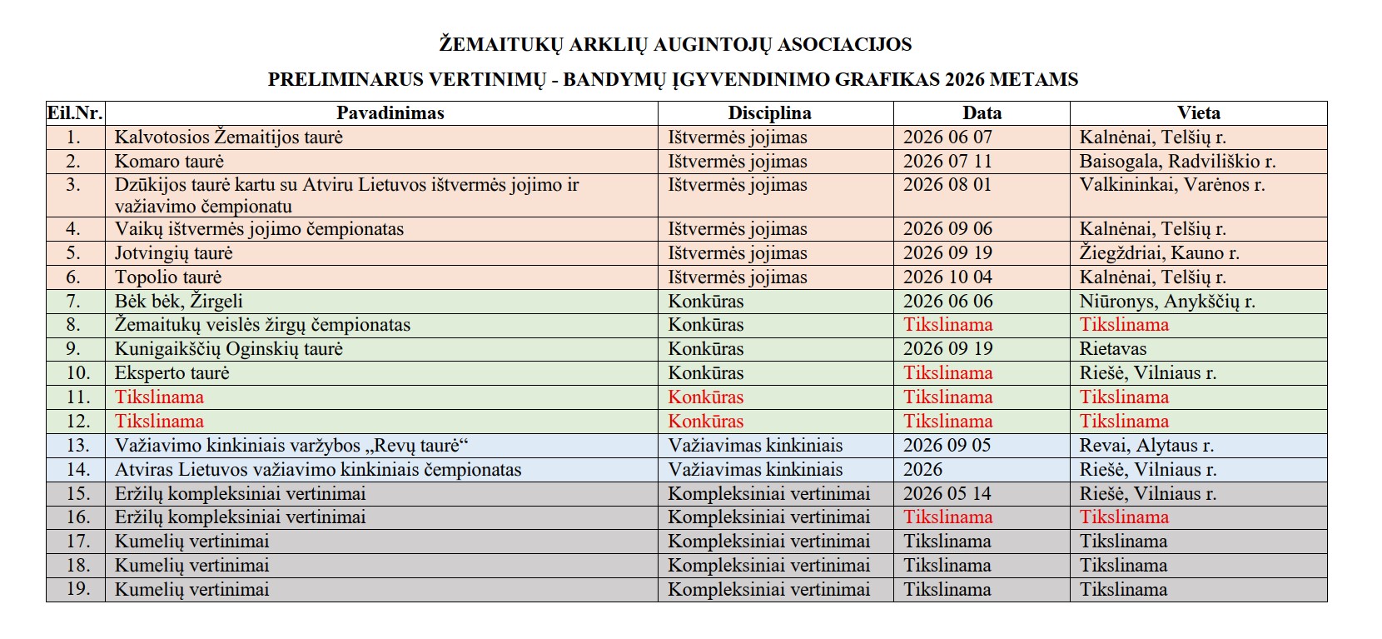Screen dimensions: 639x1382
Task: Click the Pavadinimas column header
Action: coord(390,113)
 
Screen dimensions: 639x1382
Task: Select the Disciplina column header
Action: coord(768,113)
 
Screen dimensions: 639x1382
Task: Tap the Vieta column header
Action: coord(1198,113)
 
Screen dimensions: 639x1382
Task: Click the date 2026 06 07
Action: coord(947,137)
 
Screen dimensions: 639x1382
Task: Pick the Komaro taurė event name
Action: coord(169,162)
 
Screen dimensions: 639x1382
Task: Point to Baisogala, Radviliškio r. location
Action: coord(1177,162)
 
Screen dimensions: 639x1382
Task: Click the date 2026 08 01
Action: coord(947,185)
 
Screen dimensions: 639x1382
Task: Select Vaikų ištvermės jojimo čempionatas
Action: coord(259,229)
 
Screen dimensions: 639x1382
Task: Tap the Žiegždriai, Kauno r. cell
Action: coord(1159,253)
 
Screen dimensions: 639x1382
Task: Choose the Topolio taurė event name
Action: coord(168,277)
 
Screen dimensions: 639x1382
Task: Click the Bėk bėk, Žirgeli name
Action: coord(179,302)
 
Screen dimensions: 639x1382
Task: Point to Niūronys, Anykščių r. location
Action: coord(1167,302)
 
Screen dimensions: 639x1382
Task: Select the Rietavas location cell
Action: coord(1113,349)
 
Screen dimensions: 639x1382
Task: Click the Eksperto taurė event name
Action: coord(172,373)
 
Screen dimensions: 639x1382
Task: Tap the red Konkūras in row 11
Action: coord(705,397)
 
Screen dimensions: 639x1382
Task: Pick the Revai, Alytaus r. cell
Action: coord(1146,446)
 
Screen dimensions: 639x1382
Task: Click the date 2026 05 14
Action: coord(947,494)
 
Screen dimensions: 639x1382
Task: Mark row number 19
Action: coord(77,590)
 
